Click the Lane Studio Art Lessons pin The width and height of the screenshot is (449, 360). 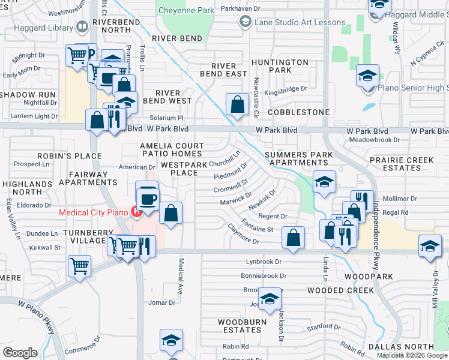pos(245,22)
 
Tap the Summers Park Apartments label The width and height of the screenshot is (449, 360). pos(299,158)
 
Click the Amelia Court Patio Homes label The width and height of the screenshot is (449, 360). pos(171,149)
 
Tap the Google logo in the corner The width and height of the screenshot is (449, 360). pos(20,352)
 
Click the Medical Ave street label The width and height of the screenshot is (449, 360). pos(180,277)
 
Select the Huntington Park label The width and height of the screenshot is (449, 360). pos(280,66)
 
